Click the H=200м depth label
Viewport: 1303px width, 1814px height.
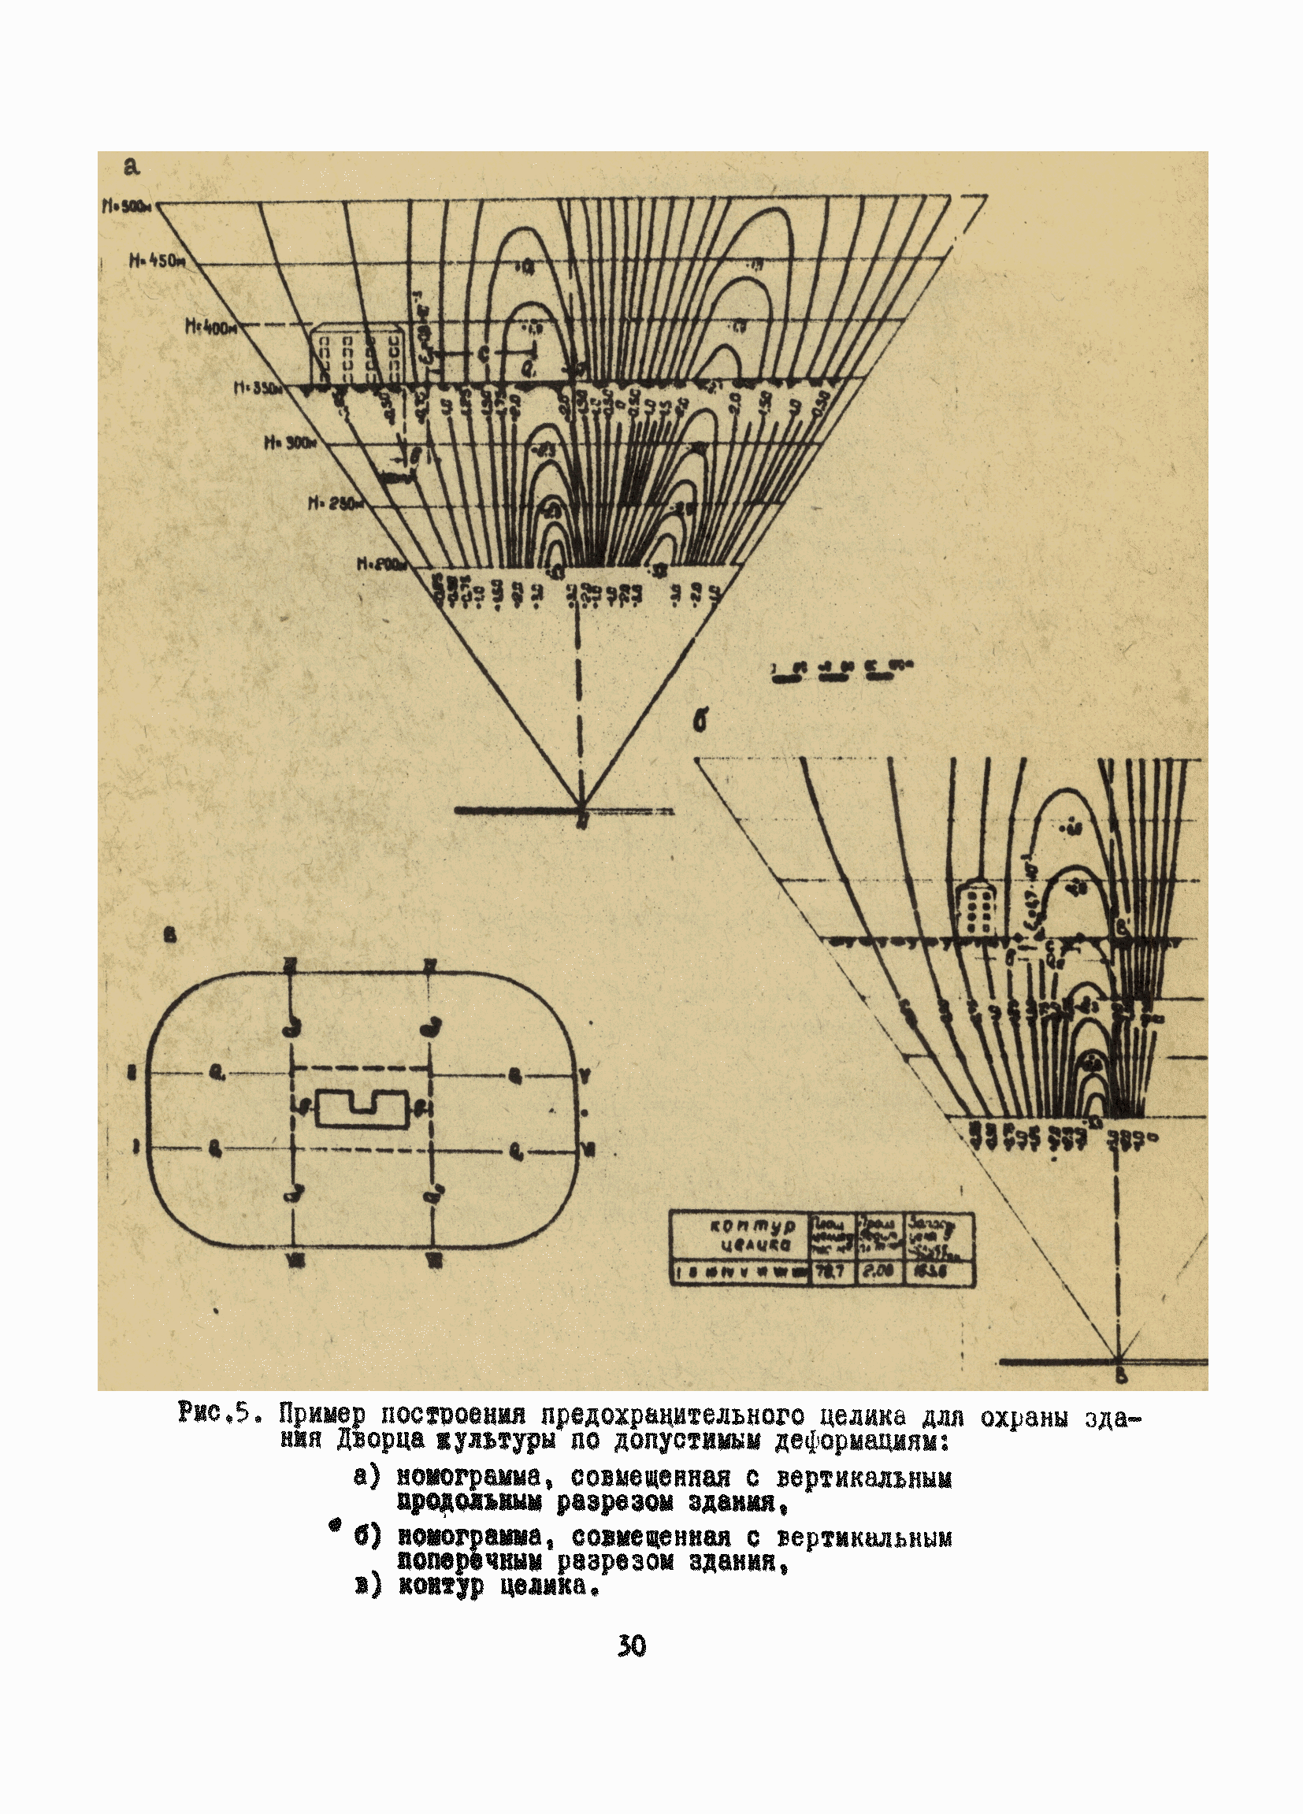[x=382, y=565]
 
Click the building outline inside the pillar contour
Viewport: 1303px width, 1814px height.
[x=362, y=1109]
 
